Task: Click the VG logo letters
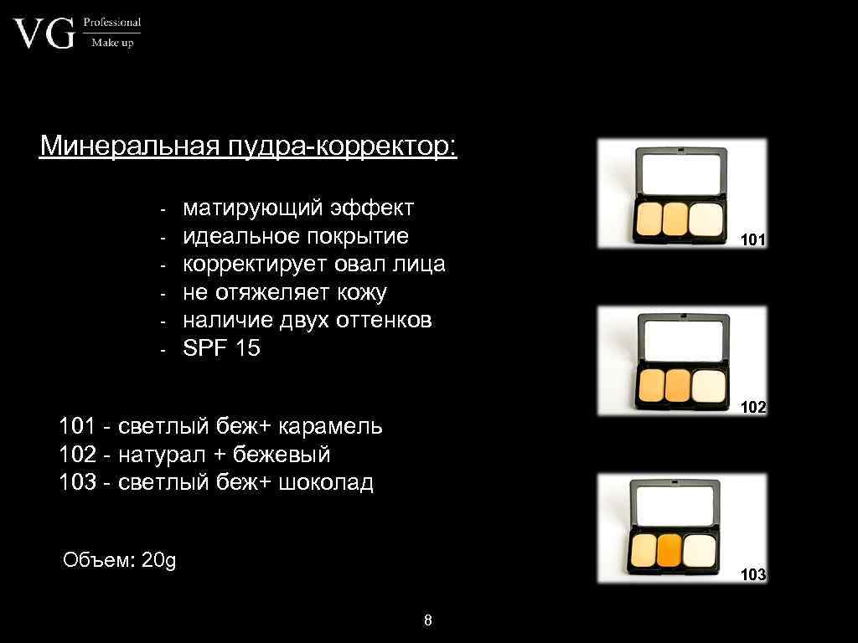(x=44, y=35)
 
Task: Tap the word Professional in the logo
(x=112, y=23)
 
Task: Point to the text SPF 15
(x=222, y=348)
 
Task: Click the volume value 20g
(x=159, y=560)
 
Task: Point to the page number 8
(x=428, y=620)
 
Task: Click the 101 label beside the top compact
(x=752, y=240)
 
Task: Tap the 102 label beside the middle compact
(x=753, y=408)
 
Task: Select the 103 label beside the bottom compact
(x=753, y=575)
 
